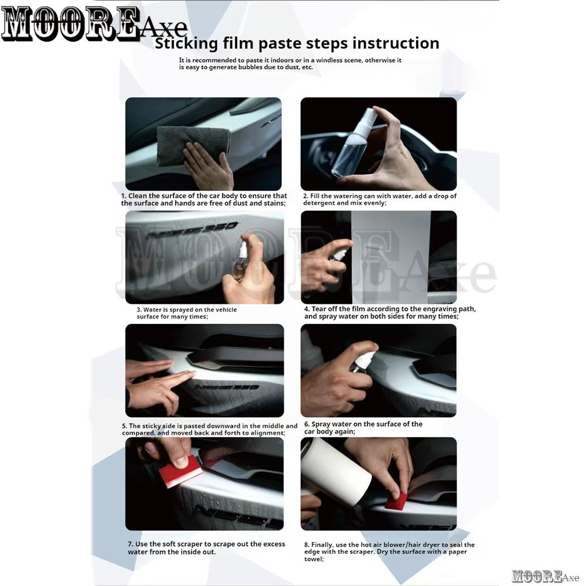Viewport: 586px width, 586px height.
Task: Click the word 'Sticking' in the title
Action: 186,44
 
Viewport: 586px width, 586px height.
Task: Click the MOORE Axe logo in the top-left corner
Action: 93,24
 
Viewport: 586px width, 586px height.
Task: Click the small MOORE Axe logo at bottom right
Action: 545,576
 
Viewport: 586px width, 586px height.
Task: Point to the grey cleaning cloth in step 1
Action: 192,145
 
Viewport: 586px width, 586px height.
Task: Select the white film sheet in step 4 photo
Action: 390,257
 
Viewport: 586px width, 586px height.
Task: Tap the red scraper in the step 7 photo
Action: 180,471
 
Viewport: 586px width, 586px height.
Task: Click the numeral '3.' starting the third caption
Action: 139,310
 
